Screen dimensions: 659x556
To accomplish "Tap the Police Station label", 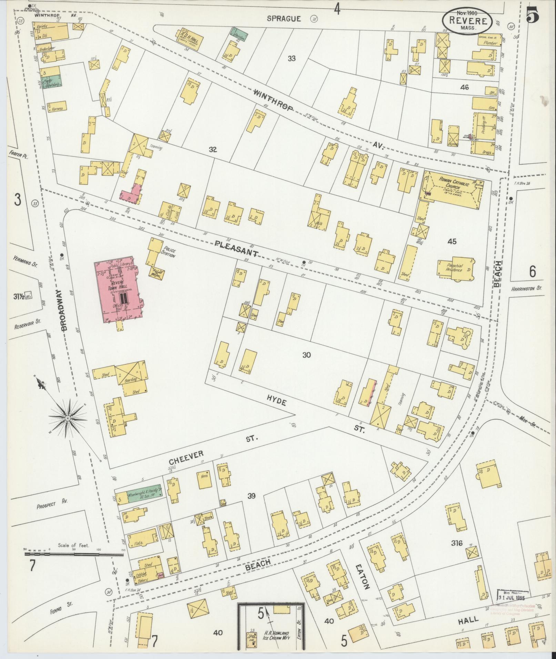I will coord(170,252).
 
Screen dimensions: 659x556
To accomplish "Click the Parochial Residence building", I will coord(455,268).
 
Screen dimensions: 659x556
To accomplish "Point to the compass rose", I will coord(68,418).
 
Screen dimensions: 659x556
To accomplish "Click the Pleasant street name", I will coord(236,249).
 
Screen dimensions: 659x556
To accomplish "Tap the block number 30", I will coord(307,355).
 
